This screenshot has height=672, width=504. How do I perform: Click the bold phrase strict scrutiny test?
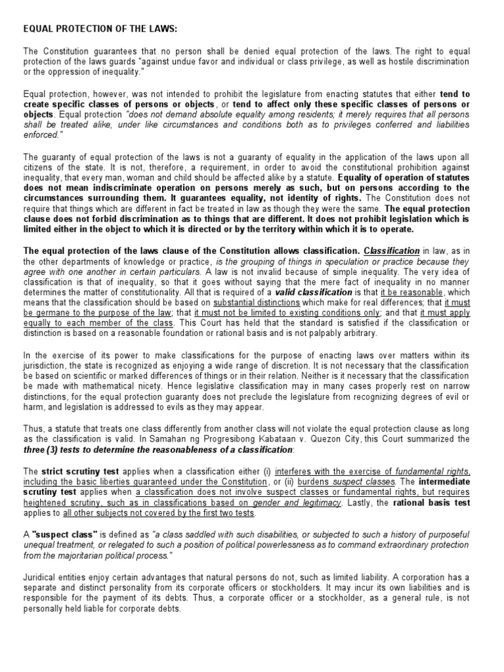point(74,471)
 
